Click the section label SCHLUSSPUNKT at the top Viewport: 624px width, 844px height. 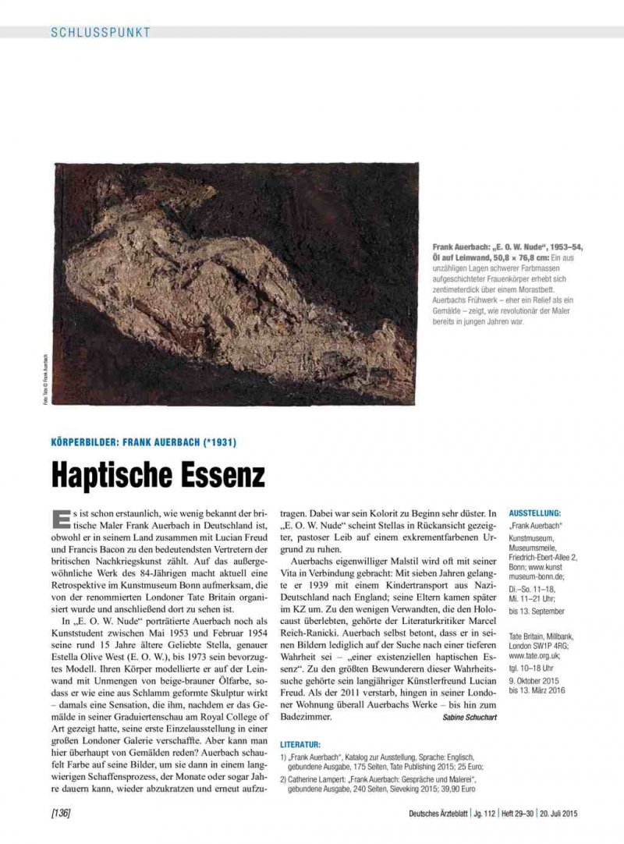[x=101, y=32]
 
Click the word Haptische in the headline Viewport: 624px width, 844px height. [x=115, y=473]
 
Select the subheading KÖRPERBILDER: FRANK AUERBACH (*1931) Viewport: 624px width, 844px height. [x=144, y=442]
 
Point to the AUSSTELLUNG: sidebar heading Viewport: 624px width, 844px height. [x=535, y=513]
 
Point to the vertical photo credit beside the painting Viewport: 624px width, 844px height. [x=47, y=381]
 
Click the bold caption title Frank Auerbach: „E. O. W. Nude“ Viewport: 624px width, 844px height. [x=503, y=246]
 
